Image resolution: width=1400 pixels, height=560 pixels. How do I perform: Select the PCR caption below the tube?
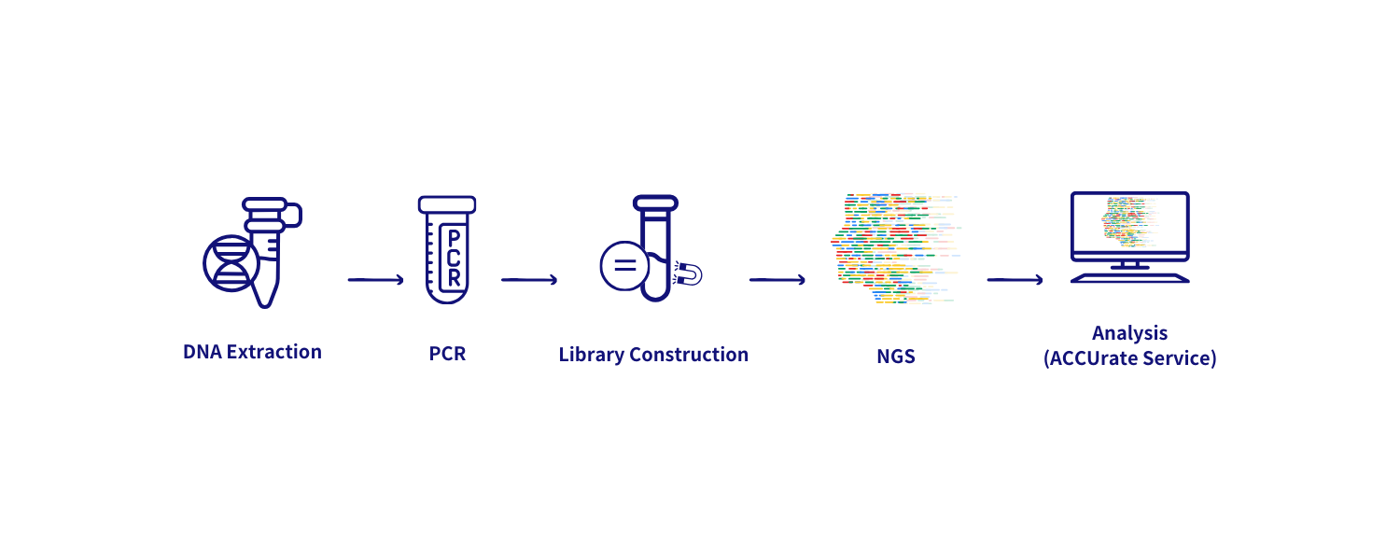click(447, 355)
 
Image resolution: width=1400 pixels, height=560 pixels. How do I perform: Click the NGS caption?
click(895, 356)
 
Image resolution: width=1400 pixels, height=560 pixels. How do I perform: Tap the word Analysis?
click(1129, 333)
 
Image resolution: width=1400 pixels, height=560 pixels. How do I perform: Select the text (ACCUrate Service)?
click(1129, 358)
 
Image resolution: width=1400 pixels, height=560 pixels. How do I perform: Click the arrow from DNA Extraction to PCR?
click(375, 279)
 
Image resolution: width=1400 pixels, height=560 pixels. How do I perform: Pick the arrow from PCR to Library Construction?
click(529, 279)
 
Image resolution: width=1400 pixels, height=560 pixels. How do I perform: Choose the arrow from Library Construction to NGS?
click(777, 279)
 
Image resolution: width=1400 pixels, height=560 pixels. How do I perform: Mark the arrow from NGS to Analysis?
click(1015, 279)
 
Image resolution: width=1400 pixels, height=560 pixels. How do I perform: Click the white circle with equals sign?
click(624, 265)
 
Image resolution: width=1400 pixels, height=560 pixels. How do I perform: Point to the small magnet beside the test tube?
click(691, 273)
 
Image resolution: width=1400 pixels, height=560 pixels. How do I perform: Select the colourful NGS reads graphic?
click(895, 248)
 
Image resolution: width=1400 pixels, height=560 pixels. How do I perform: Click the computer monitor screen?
click(1129, 224)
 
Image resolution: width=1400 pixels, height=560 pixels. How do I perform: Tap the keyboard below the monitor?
click(1129, 277)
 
